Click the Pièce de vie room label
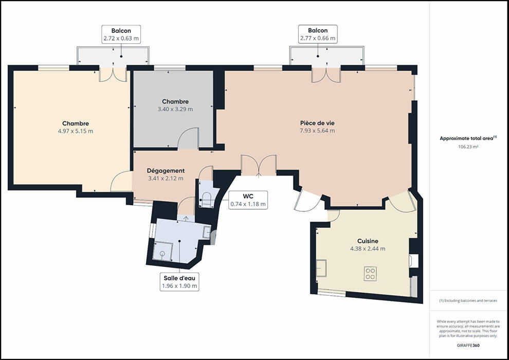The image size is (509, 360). pyautogui.click(x=317, y=123)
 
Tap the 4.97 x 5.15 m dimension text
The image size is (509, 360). pyautogui.click(x=76, y=131)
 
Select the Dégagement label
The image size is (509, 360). pyautogui.click(x=166, y=171)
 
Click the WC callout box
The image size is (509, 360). pyautogui.click(x=248, y=200)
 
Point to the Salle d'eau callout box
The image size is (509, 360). pyautogui.click(x=179, y=282)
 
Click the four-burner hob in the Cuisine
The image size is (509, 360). pyautogui.click(x=370, y=273)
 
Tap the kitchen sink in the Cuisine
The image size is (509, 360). pyautogui.click(x=321, y=268)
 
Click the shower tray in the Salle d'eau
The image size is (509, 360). pyautogui.click(x=162, y=251)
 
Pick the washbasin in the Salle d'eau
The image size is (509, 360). pyautogui.click(x=207, y=232)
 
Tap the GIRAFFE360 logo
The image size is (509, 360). pyautogui.click(x=468, y=346)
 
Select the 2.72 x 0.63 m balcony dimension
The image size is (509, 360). pyautogui.click(x=121, y=39)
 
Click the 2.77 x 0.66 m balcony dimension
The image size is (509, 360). pyautogui.click(x=318, y=38)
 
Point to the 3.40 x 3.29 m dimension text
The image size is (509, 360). pyautogui.click(x=175, y=110)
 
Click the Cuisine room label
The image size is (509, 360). pyautogui.click(x=368, y=241)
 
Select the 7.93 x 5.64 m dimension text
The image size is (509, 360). pyautogui.click(x=317, y=131)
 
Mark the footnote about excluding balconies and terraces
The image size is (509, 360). pyautogui.click(x=468, y=300)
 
